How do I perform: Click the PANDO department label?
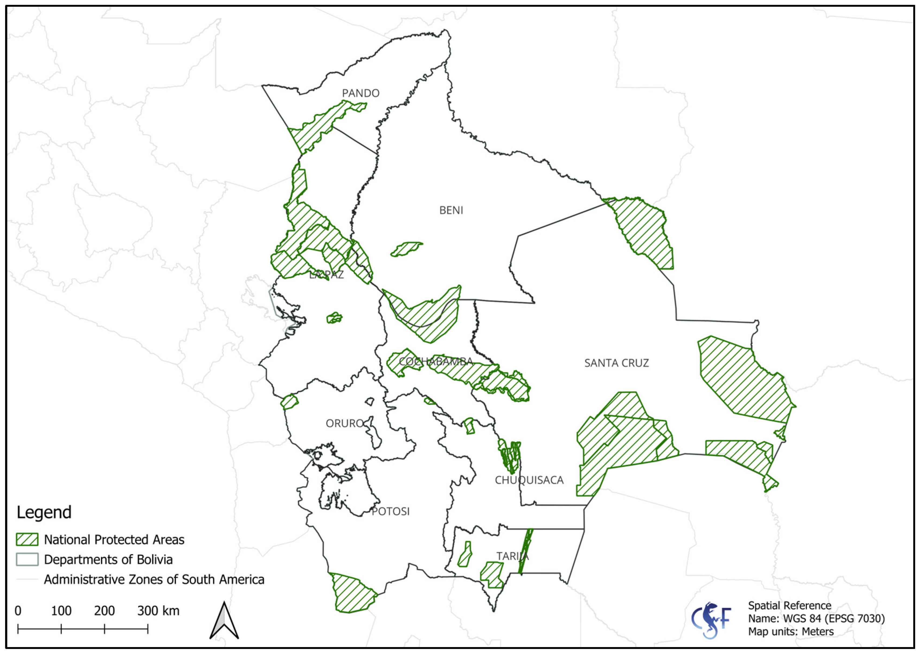pyautogui.click(x=360, y=93)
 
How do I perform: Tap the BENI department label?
pyautogui.click(x=451, y=210)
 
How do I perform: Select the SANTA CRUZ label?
pyautogui.click(x=616, y=363)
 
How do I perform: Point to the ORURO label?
pyautogui.click(x=344, y=423)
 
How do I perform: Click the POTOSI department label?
pyautogui.click(x=390, y=511)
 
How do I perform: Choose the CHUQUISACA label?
pyautogui.click(x=529, y=480)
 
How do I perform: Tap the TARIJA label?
pyautogui.click(x=512, y=556)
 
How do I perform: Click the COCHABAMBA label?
pyautogui.click(x=436, y=361)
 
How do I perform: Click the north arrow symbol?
pyautogui.click(x=224, y=621)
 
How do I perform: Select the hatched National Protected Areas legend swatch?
pyautogui.click(x=27, y=540)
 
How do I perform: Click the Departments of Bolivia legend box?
pyautogui.click(x=27, y=559)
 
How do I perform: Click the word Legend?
pyautogui.click(x=44, y=512)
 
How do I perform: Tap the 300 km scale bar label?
pyautogui.click(x=158, y=611)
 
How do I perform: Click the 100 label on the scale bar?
pyautogui.click(x=61, y=611)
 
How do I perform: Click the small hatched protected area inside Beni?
pyautogui.click(x=406, y=249)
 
